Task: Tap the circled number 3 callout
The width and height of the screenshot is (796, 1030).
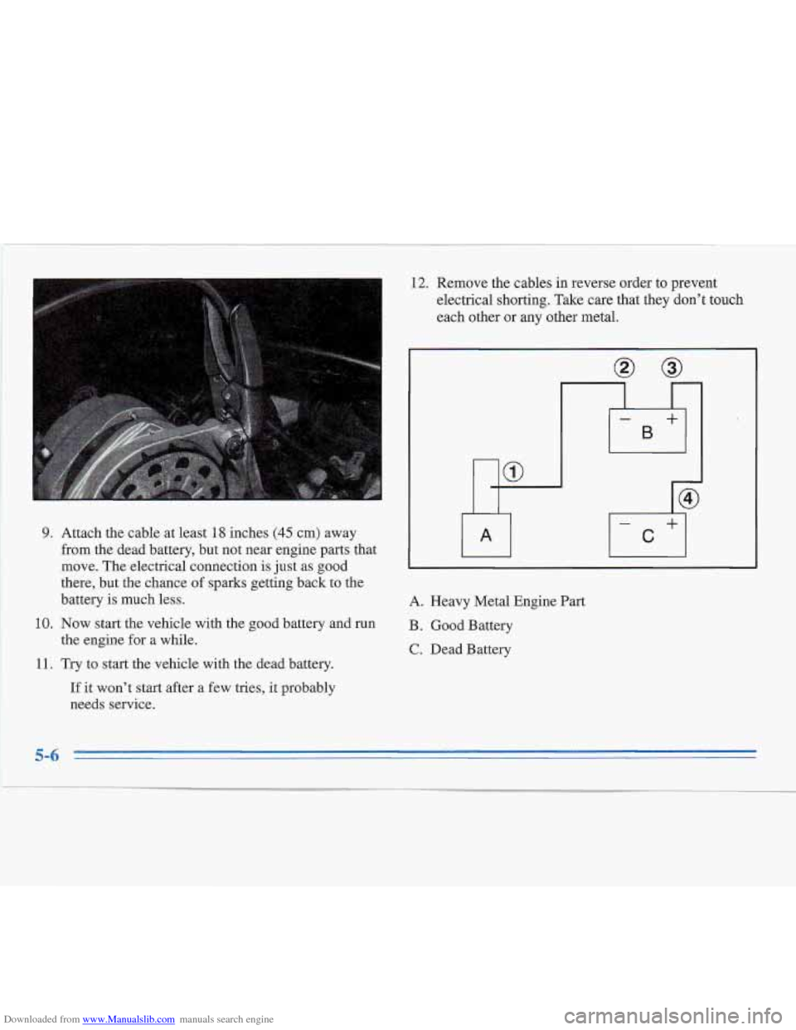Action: [671, 367]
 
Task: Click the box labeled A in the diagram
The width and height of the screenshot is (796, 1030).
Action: [486, 536]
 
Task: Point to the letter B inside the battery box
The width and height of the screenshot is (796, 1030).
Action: [648, 432]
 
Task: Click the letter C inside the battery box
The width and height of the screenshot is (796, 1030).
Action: [648, 537]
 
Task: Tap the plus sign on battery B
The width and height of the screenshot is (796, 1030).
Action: [672, 420]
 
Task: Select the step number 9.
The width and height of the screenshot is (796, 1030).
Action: [48, 533]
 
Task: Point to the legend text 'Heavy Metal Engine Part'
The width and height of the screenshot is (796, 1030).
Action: [507, 601]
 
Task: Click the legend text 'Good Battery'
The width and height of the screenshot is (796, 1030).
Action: [471, 625]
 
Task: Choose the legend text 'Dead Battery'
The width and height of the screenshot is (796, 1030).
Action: [470, 649]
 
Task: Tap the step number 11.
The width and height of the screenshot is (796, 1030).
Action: [45, 663]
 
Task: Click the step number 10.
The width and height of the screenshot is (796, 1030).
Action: [45, 624]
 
